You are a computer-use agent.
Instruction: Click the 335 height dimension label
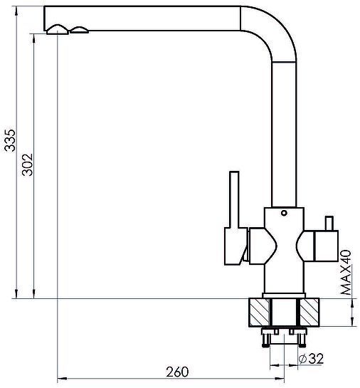11,140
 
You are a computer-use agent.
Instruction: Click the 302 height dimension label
27,164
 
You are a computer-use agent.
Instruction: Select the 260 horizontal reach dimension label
177,372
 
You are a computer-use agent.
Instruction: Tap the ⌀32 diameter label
311,359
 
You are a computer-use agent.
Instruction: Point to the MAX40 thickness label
346,272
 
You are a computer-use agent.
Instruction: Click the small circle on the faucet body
284,213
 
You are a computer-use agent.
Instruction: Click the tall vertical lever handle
234,199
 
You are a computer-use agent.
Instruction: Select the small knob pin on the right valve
329,224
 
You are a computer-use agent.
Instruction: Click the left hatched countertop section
259,313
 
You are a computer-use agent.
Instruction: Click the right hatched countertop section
309,313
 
